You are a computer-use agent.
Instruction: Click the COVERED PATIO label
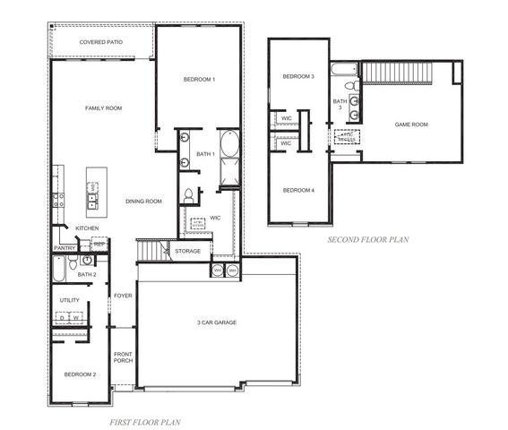tap(101, 42)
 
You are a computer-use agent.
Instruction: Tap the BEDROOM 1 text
tap(199, 80)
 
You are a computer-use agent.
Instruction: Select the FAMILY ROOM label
tap(103, 108)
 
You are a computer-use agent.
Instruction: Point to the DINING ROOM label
tap(143, 202)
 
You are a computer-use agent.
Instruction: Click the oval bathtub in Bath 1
tap(228, 144)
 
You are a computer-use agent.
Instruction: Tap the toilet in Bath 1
tap(189, 194)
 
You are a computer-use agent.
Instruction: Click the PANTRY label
tap(65, 248)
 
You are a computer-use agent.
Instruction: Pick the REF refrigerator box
tap(99, 244)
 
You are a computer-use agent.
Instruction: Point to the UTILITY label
tap(70, 300)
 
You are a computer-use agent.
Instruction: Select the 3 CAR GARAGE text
tap(217, 322)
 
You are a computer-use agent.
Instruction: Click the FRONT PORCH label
tap(123, 358)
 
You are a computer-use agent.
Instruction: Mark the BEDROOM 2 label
tap(80, 374)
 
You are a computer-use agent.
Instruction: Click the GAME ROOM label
tap(410, 125)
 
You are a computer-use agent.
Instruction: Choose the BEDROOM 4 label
tap(298, 190)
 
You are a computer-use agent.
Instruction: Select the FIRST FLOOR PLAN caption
tap(145, 420)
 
